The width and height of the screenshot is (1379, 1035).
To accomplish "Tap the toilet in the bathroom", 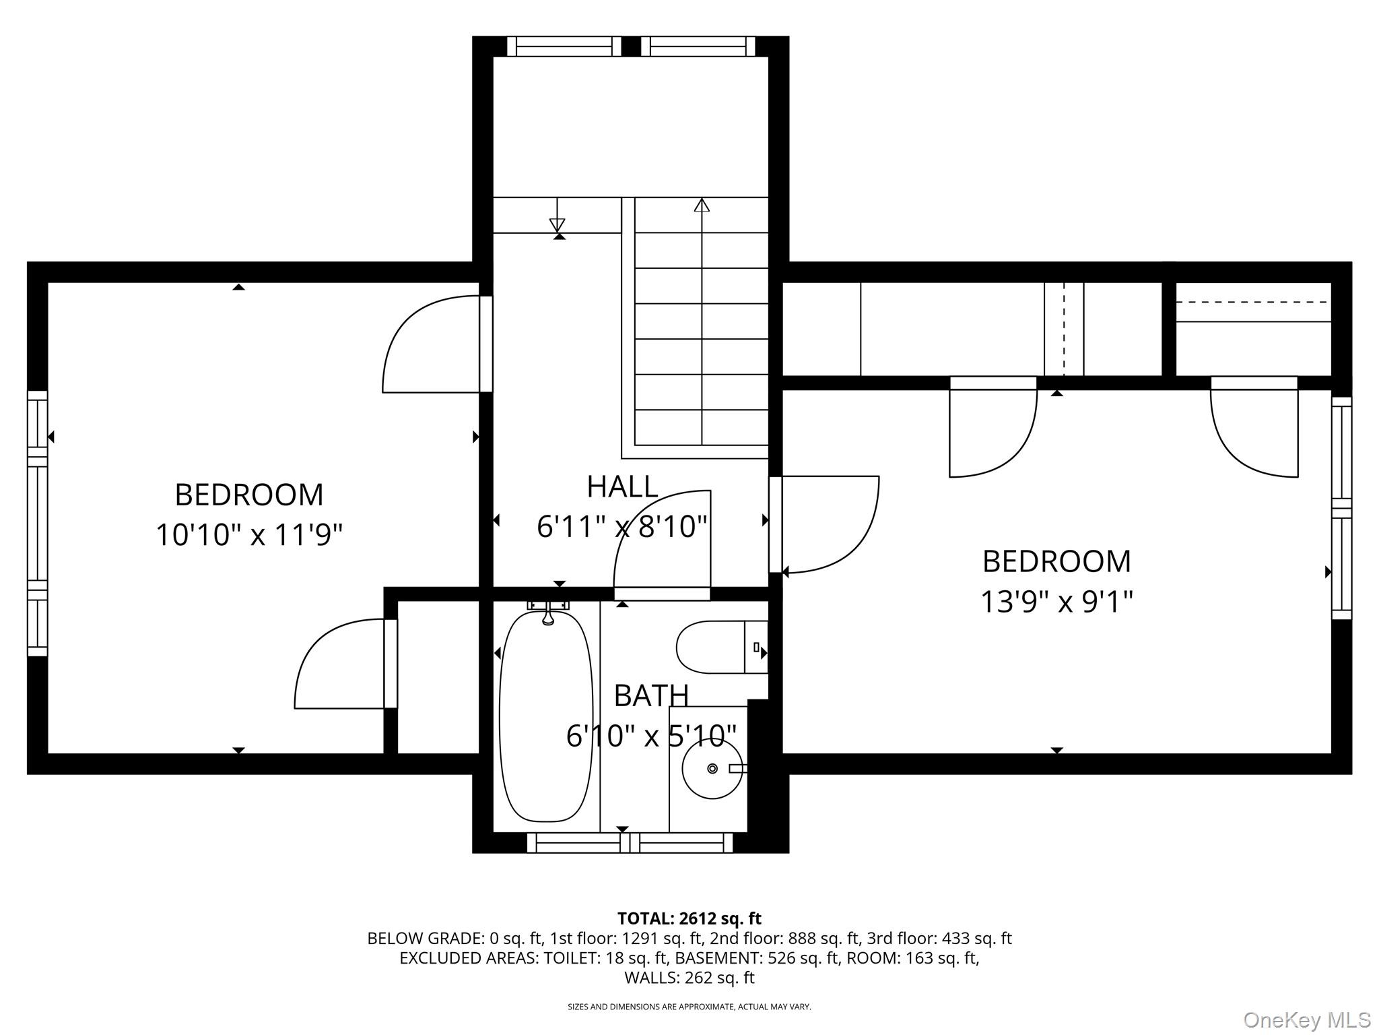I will click(714, 648).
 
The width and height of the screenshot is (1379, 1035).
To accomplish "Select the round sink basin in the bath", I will click(712, 768).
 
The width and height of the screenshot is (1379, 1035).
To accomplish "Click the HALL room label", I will click(621, 487).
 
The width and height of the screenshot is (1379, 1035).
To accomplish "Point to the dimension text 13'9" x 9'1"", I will click(1056, 602).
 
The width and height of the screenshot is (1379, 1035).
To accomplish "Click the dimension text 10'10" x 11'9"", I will click(249, 536).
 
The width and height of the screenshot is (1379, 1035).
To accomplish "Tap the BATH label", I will click(650, 695).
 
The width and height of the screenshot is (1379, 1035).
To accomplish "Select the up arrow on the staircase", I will click(702, 205).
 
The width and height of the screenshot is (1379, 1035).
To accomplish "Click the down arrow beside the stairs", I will click(557, 224).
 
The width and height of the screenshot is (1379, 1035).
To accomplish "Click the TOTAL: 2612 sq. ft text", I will click(689, 918).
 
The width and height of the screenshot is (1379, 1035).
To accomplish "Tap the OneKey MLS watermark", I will click(1306, 1020).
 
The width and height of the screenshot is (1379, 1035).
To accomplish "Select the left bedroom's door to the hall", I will click(431, 344).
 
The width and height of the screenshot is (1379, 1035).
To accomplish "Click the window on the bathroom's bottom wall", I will click(629, 842).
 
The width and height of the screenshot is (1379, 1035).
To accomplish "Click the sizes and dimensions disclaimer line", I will click(689, 1007).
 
